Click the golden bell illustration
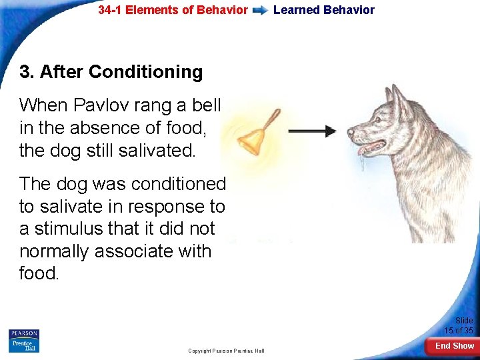click(x=251, y=141)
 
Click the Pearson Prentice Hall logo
click(x=24, y=341)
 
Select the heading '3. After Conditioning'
click(x=111, y=72)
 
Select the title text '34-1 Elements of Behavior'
click(x=173, y=10)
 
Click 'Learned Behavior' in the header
click(x=324, y=10)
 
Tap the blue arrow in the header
click(x=261, y=11)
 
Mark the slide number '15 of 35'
click(x=459, y=331)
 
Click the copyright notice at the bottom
click(x=226, y=351)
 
